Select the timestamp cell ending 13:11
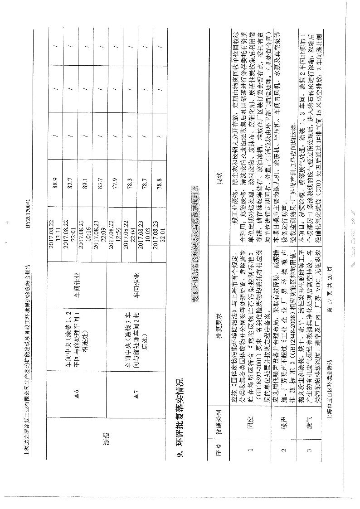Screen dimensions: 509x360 (57, 228)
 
